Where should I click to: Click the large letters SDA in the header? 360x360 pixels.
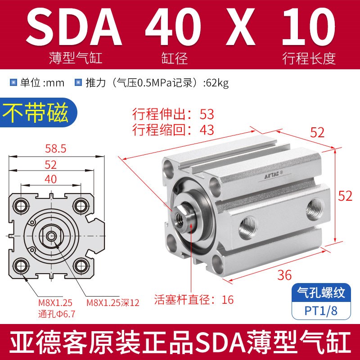76,28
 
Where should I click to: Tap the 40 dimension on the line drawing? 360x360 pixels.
51,179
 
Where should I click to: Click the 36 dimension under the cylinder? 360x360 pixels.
285,274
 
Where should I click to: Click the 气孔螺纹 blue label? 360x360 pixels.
322,294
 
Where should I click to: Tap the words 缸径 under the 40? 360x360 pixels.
173,58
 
